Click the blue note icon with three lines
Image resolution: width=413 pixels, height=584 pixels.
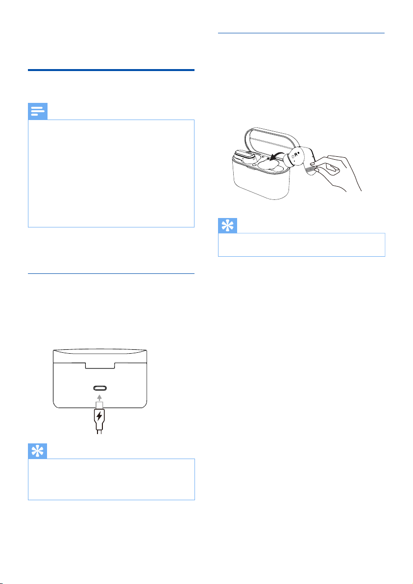(38, 111)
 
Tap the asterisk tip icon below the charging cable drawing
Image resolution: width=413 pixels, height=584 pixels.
(38, 451)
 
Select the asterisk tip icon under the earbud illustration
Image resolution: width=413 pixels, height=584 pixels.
(227, 226)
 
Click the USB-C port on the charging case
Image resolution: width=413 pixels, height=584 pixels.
(100, 388)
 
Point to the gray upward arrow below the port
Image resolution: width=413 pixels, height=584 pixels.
(99, 397)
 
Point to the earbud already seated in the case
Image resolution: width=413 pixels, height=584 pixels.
(244, 156)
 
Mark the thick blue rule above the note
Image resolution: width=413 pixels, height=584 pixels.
(111, 70)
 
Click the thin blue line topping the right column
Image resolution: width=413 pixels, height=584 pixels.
(301, 33)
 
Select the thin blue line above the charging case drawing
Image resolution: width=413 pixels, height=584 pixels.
(111, 274)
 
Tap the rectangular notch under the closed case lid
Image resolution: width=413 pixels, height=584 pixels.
(100, 365)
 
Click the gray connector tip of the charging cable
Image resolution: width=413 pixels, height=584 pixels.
(99, 405)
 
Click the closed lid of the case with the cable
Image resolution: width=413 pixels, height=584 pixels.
(100, 356)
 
